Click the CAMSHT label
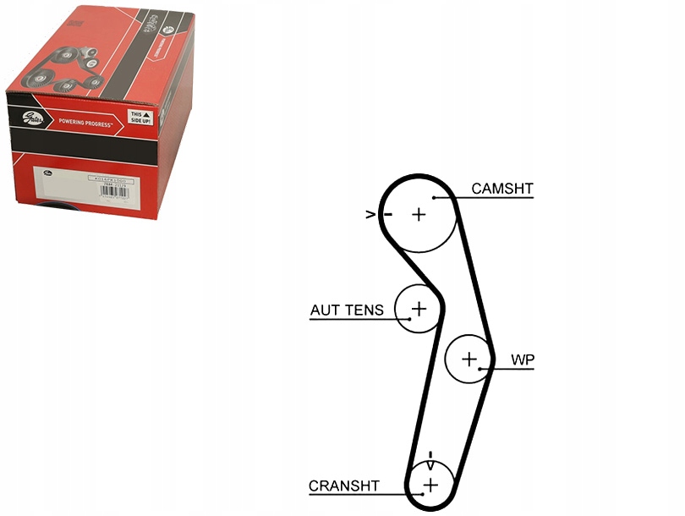[x=502, y=188]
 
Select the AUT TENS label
[x=347, y=310]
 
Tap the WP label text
[x=523, y=360]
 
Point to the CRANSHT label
[x=344, y=486]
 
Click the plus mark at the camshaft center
[x=419, y=215]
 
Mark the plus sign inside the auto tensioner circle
[x=419, y=309]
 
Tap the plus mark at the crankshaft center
[x=430, y=485]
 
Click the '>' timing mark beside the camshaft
[x=370, y=215]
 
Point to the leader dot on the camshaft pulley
[x=434, y=197]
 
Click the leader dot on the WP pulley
[x=480, y=369]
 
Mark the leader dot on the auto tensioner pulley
[x=409, y=319]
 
